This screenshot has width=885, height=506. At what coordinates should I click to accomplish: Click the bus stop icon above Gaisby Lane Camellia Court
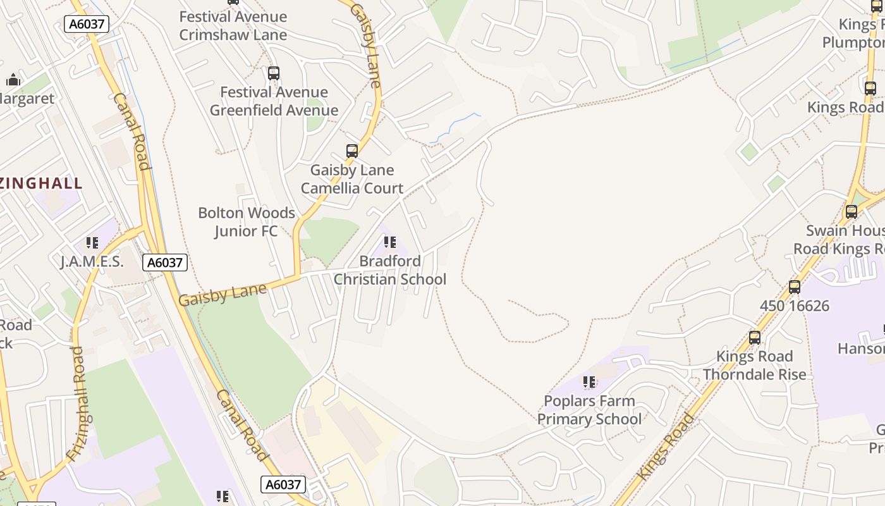pyautogui.click(x=352, y=151)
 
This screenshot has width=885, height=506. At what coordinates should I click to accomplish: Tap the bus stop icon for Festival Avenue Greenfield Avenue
pyautogui.click(x=274, y=73)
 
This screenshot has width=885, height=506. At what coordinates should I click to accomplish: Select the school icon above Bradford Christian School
pyautogui.click(x=390, y=242)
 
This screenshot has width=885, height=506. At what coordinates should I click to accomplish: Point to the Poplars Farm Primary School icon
pyautogui.click(x=589, y=382)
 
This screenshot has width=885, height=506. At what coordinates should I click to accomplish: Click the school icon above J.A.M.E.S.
pyautogui.click(x=92, y=243)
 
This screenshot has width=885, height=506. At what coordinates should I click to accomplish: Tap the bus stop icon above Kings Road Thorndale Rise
pyautogui.click(x=755, y=338)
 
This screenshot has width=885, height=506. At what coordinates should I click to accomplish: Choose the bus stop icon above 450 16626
pyautogui.click(x=795, y=287)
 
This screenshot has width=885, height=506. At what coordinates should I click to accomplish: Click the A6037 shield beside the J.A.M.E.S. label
pyautogui.click(x=165, y=262)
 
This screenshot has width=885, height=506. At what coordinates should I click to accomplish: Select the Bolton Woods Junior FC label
pyautogui.click(x=247, y=222)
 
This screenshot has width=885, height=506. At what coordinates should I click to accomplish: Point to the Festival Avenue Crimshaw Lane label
pyautogui.click(x=233, y=26)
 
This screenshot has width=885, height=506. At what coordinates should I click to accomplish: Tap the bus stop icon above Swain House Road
pyautogui.click(x=851, y=212)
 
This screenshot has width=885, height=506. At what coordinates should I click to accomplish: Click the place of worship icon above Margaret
pyautogui.click(x=13, y=80)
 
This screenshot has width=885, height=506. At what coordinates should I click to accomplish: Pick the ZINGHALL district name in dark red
pyautogui.click(x=41, y=183)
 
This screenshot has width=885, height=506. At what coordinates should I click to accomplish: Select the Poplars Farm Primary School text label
pyautogui.click(x=589, y=410)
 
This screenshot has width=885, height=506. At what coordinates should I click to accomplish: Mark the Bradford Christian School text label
pyautogui.click(x=390, y=270)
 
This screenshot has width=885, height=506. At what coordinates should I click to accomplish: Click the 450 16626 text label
pyautogui.click(x=794, y=306)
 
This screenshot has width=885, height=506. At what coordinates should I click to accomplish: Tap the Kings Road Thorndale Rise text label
pyautogui.click(x=754, y=366)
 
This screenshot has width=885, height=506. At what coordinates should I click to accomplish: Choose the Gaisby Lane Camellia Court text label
pyautogui.click(x=352, y=179)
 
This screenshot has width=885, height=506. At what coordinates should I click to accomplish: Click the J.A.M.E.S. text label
pyautogui.click(x=92, y=262)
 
